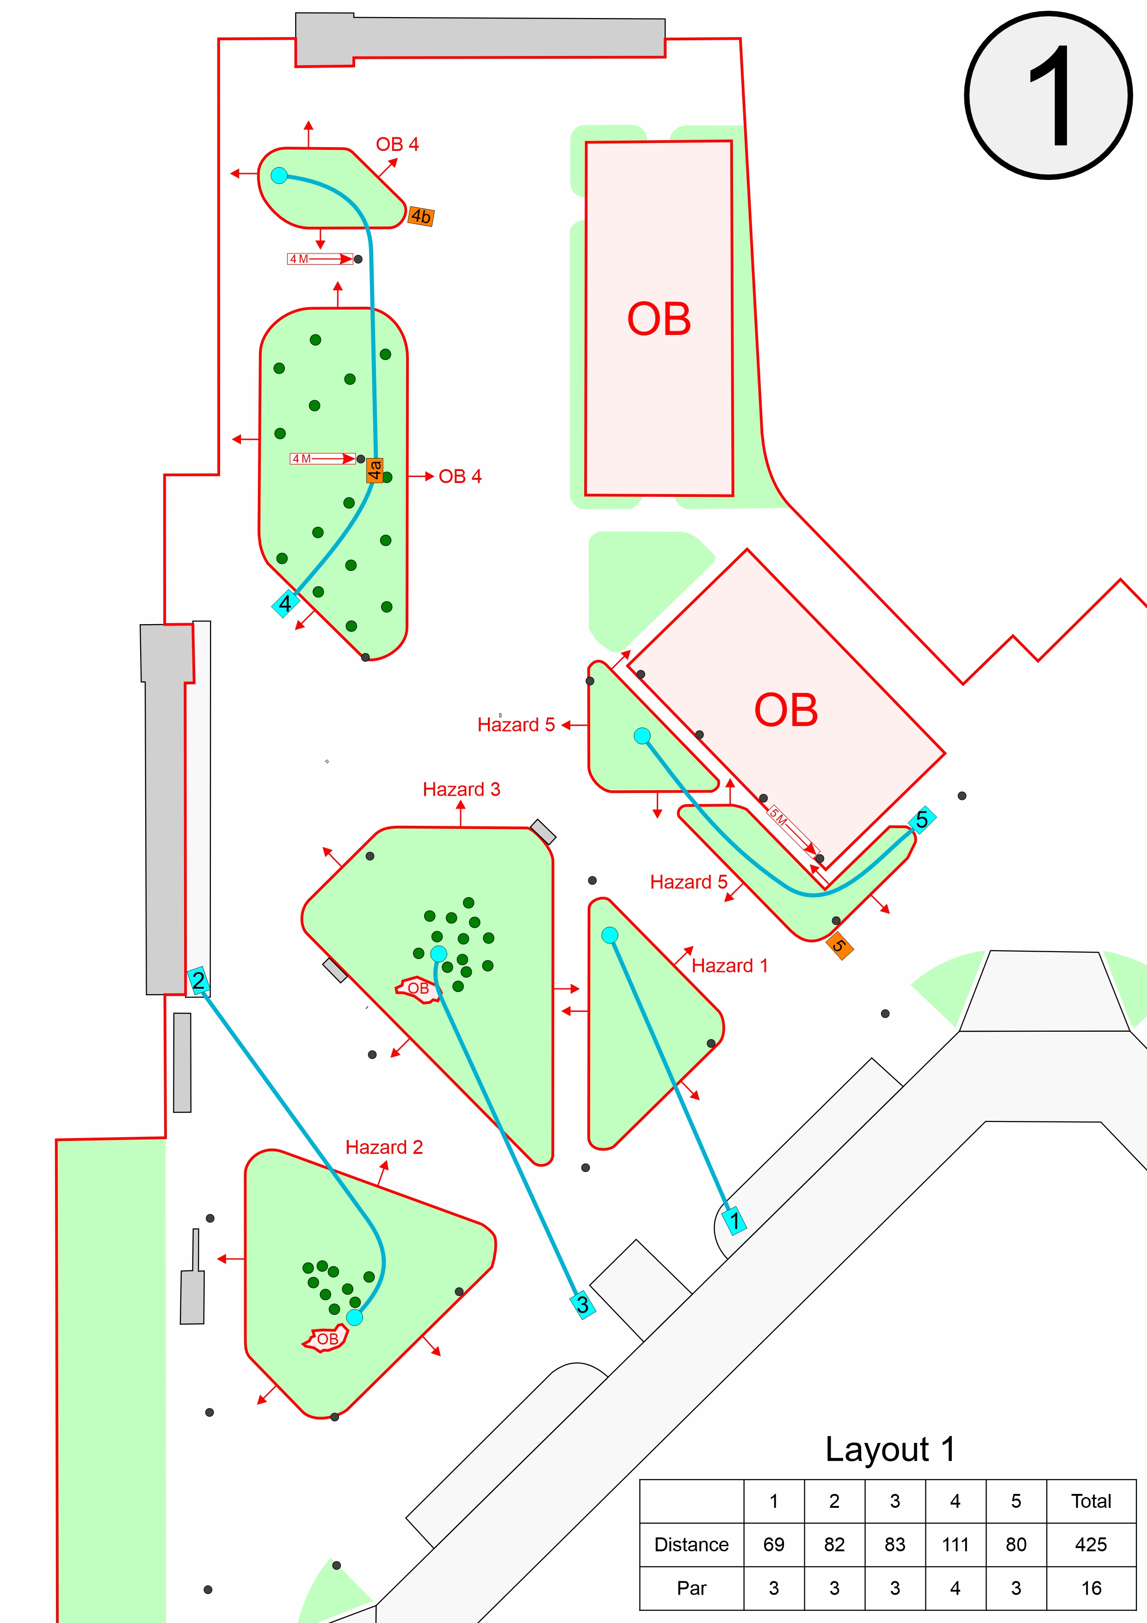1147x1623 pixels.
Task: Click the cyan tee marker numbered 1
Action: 734,1220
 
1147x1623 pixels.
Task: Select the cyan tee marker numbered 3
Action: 582,1305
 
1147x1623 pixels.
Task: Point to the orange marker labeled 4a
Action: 375,470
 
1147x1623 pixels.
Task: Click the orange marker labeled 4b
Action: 421,216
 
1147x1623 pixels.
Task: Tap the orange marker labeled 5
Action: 839,946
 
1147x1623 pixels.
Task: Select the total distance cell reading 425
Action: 1091,1544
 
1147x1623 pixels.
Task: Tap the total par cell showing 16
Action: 1091,1588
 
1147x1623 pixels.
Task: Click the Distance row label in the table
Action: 691,1544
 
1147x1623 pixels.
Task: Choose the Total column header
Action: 1091,1501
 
